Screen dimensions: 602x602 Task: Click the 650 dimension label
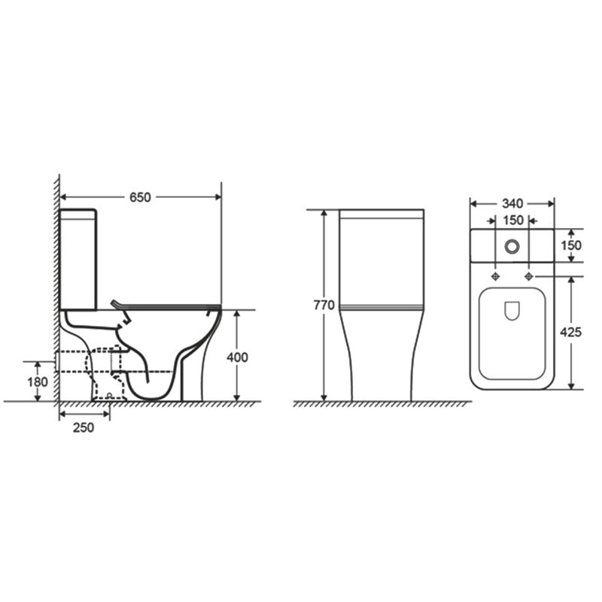(x=140, y=197)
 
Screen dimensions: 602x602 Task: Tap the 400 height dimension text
(x=237, y=357)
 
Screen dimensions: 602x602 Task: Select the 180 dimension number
(x=37, y=382)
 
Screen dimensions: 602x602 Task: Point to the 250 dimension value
(x=84, y=427)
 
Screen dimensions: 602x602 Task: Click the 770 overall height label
(x=324, y=306)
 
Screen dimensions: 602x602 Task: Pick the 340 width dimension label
(x=512, y=203)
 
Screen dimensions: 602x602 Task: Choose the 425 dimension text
(x=571, y=332)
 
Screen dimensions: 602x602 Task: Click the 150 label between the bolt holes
(x=513, y=220)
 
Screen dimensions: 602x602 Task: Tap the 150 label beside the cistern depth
(x=571, y=245)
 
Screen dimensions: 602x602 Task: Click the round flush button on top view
(x=512, y=246)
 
